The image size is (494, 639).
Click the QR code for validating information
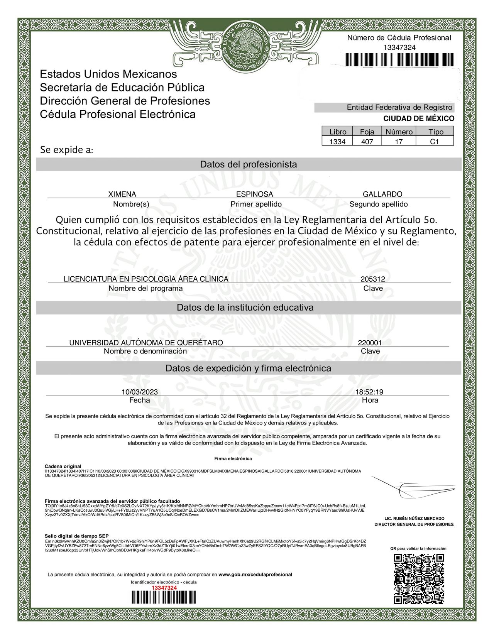pos(419,578)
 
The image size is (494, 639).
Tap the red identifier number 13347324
pos(164,587)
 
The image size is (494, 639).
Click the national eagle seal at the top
pos(247,47)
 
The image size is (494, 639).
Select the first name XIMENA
pos(122,194)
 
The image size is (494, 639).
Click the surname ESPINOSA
pos(254,194)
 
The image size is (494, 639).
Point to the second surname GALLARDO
pos(382,194)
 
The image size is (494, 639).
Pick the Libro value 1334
pos(337,142)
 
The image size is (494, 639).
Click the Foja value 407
pos(367,142)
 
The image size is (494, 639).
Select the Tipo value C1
pos(435,142)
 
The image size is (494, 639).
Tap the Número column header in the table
pos(399,132)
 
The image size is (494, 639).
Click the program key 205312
pos(372,279)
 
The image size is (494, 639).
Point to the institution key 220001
pos(369,343)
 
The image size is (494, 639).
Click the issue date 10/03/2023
pos(140,392)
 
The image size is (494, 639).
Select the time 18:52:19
pos(369,392)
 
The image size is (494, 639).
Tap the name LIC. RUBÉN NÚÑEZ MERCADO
pos(414,519)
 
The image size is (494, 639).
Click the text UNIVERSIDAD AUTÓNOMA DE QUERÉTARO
pos(146,343)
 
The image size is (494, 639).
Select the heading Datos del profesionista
pos(248,164)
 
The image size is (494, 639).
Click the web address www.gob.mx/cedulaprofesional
pos(255,575)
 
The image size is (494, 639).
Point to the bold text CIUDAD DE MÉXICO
pos(418,118)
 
